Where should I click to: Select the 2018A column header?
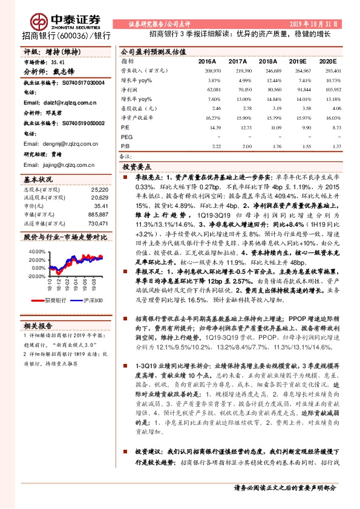(x=268, y=62)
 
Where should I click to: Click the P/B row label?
(x=125, y=146)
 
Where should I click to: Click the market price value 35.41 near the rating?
(x=58, y=61)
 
